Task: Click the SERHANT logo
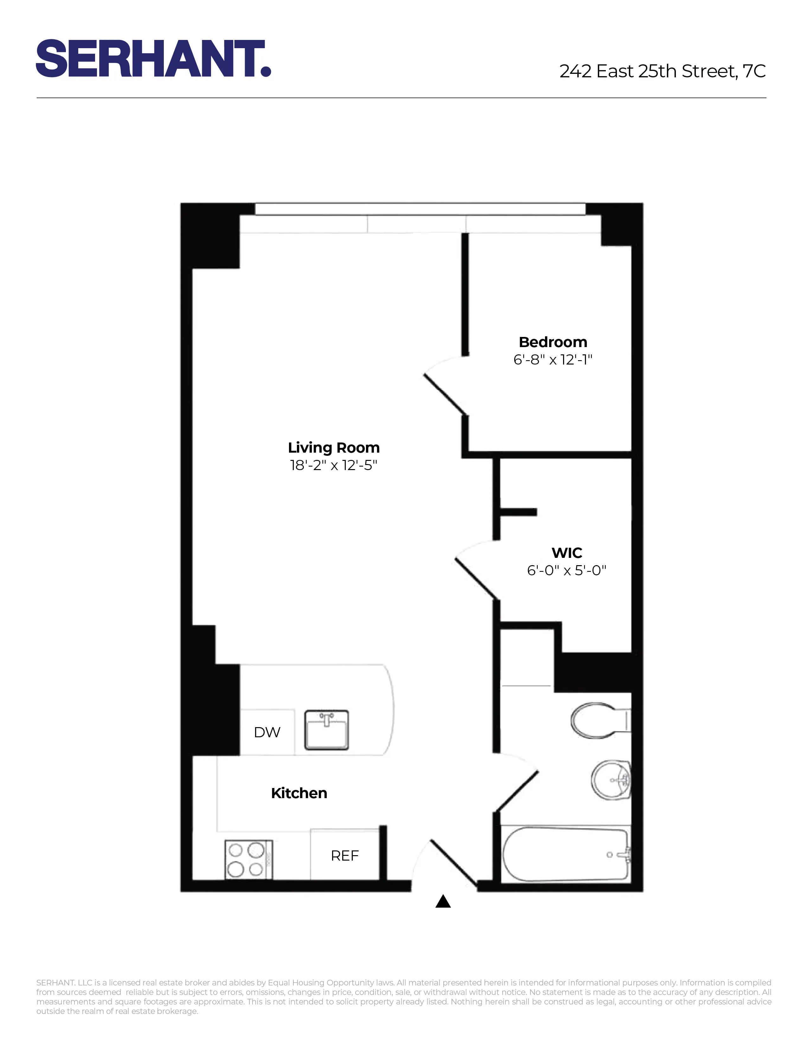(x=153, y=58)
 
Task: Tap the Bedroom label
(x=553, y=342)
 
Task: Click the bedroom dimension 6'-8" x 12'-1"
(x=553, y=360)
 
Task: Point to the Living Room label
(x=334, y=447)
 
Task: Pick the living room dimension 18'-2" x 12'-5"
(x=334, y=465)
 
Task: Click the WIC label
(x=567, y=553)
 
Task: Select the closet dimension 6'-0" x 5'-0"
(x=567, y=571)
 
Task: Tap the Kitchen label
(x=299, y=793)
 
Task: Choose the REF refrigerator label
(x=345, y=856)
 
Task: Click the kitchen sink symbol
(x=326, y=730)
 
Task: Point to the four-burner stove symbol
(x=248, y=859)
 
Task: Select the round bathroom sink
(x=611, y=780)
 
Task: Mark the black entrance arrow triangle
(x=443, y=901)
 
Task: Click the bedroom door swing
(x=445, y=388)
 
